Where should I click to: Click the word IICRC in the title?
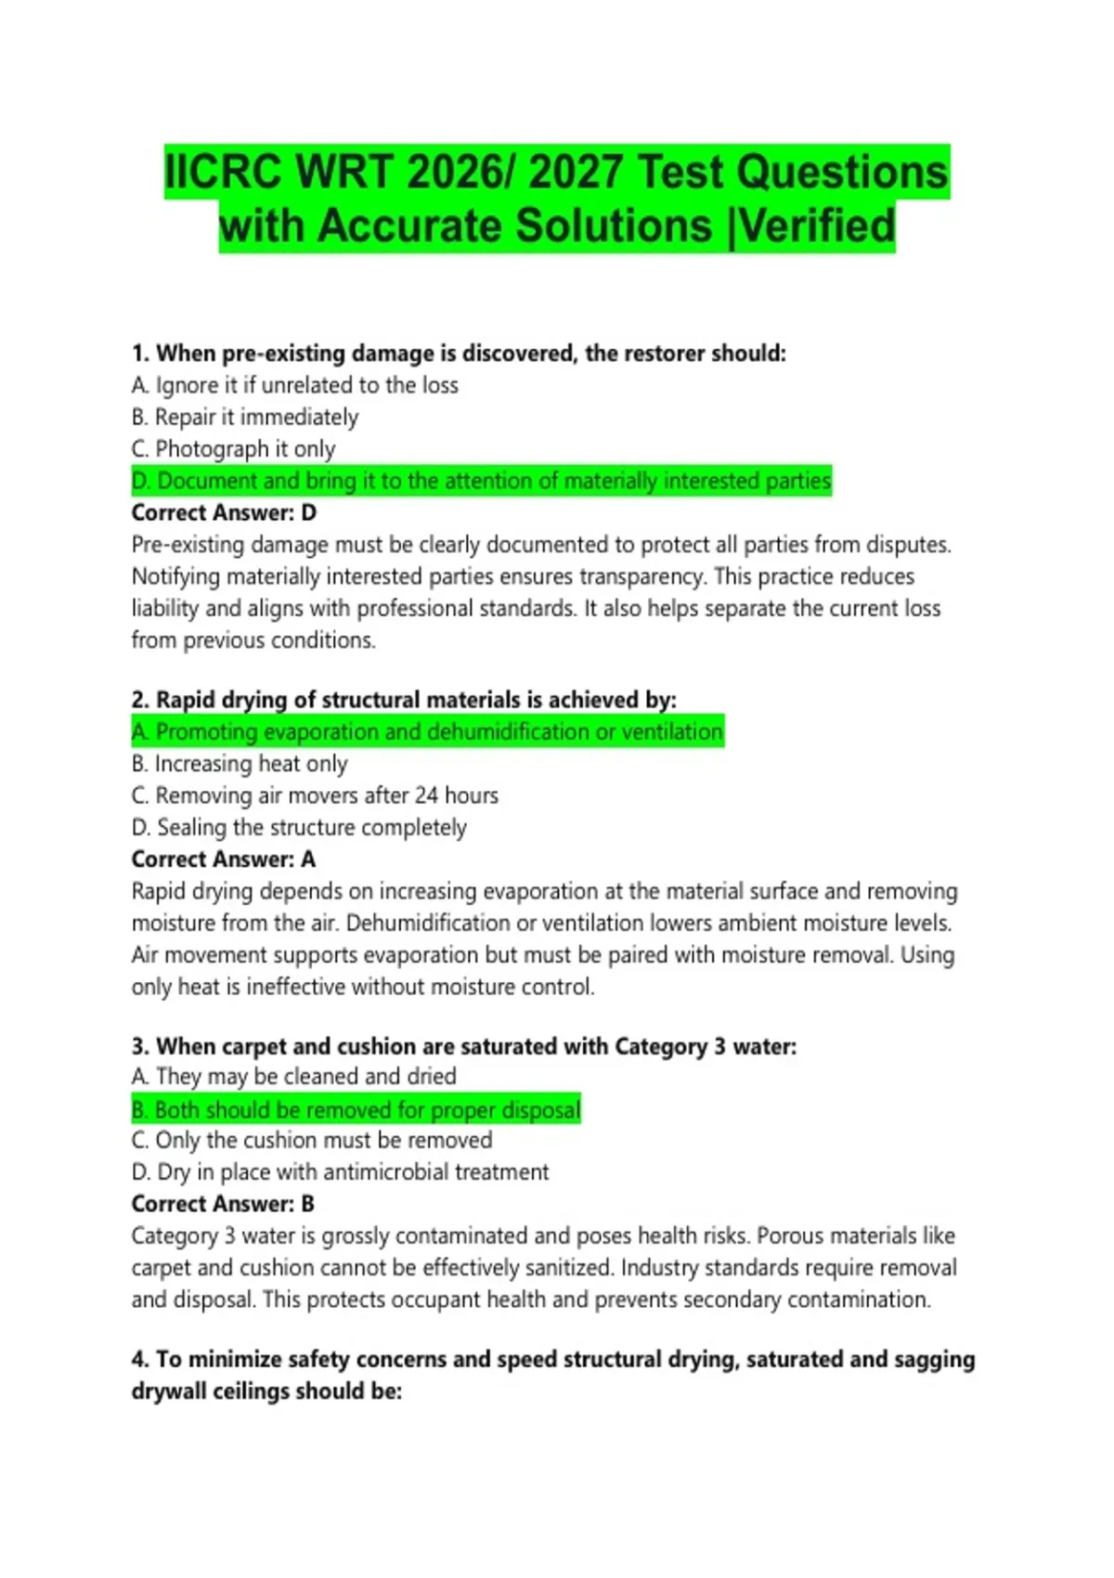coord(224,173)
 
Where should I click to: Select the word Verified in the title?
coord(817,226)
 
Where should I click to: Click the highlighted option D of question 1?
coord(481,481)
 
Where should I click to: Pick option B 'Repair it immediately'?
coord(245,418)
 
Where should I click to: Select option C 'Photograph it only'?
coord(233,449)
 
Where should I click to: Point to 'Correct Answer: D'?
coord(224,512)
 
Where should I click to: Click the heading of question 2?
coord(404,700)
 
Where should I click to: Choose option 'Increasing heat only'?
coord(240,764)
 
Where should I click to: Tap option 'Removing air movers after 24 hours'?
coord(315,795)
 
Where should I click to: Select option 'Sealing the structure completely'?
coord(299,827)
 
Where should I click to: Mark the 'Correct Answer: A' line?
coord(223,860)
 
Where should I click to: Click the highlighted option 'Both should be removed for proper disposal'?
coord(356,1110)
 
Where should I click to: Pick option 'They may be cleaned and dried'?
coord(293,1077)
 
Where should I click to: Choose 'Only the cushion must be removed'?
coord(312,1141)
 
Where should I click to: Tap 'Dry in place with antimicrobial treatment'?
coord(340,1172)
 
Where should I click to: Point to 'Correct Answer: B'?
coord(223,1204)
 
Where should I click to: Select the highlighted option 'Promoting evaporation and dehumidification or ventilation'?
coord(427,732)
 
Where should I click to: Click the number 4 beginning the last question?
coord(139,1360)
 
